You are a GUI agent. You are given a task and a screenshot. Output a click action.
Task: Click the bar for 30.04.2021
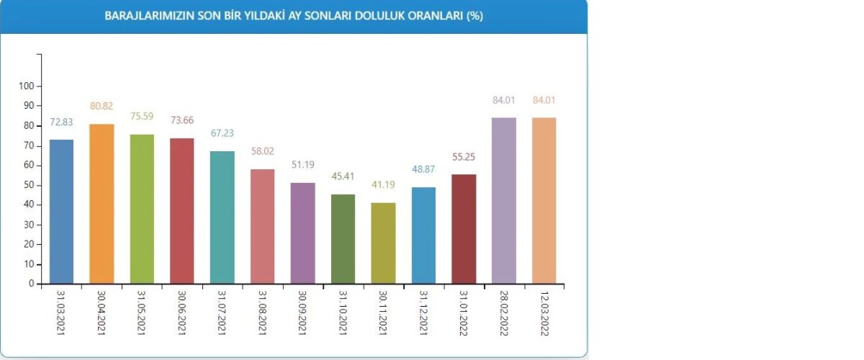[102, 204]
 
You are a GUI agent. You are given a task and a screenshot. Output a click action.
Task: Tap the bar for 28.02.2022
[504, 200]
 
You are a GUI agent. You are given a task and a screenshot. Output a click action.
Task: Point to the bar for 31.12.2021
[423, 235]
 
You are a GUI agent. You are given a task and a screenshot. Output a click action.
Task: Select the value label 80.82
[102, 106]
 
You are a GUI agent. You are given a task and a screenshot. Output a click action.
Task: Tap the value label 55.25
[464, 156]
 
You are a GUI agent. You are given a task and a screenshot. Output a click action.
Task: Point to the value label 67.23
[222, 132]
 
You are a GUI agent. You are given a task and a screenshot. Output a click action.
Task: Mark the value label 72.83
[61, 121]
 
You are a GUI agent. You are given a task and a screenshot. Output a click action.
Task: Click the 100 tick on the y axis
[26, 86]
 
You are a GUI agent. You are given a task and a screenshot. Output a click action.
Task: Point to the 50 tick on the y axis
[28, 185]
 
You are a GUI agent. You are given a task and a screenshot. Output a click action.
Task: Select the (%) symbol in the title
[474, 16]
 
